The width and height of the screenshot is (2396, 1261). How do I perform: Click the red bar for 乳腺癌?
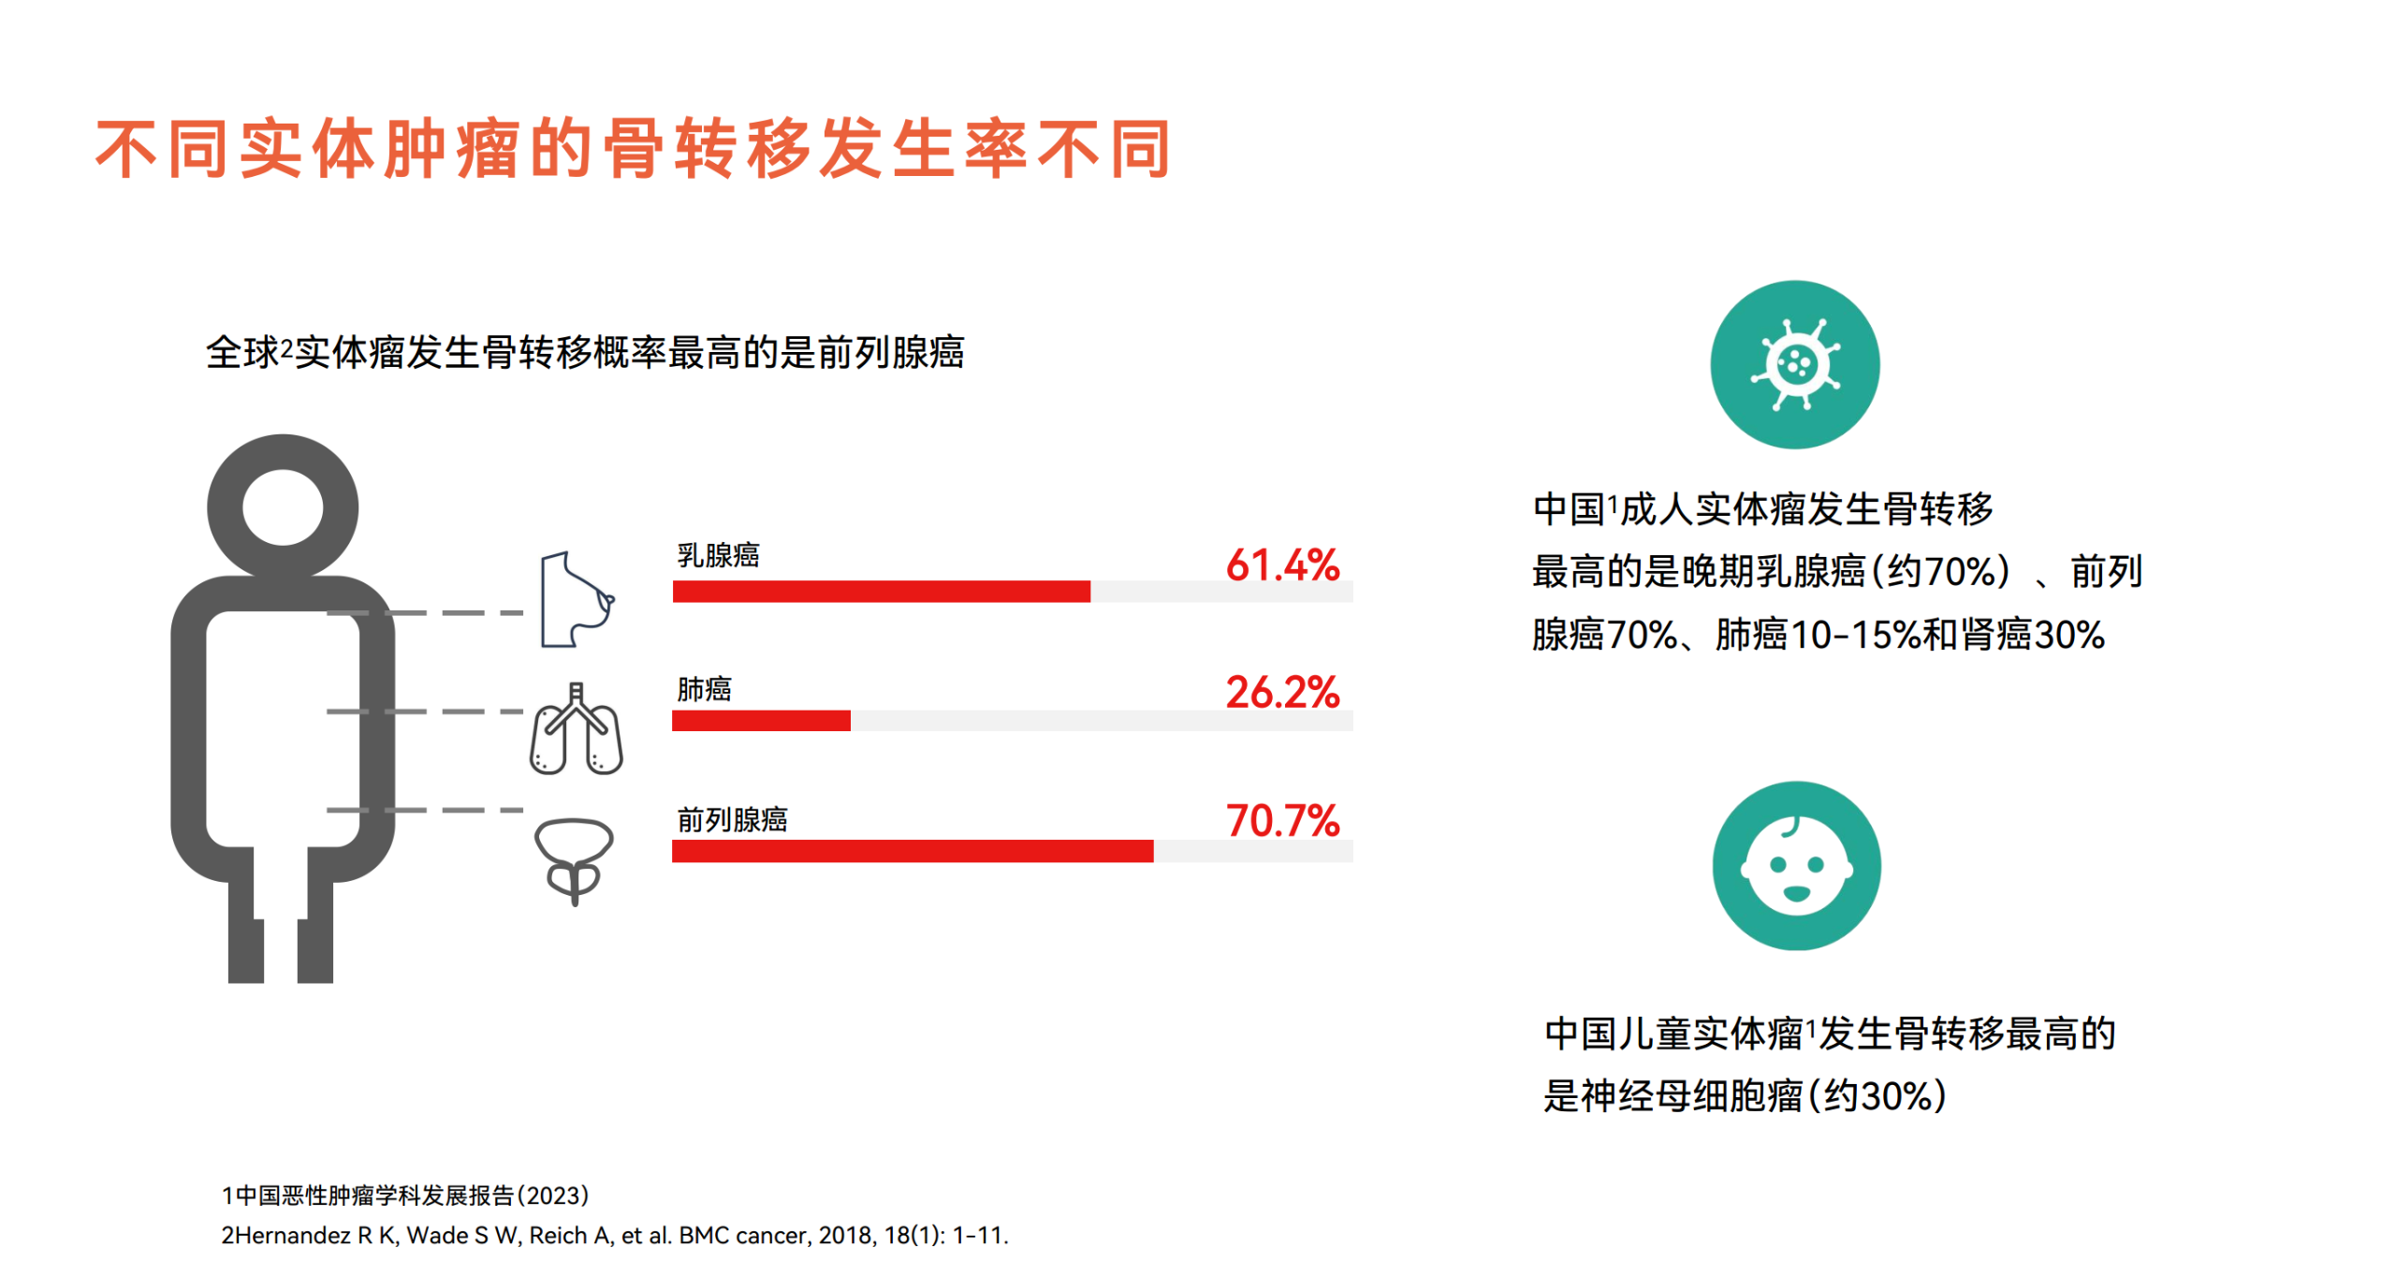pos(881,592)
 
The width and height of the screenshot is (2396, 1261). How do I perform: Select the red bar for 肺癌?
pos(761,720)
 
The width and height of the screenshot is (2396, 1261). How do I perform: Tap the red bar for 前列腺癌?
pos(913,851)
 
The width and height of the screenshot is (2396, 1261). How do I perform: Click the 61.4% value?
pos(1282,565)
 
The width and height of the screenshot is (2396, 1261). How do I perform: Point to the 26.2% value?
pos(1282,692)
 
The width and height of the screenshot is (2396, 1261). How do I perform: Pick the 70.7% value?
pos(1282,820)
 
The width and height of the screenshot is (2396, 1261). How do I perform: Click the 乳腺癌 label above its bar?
pos(718,555)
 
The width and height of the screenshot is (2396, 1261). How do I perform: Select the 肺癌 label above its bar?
pos(704,689)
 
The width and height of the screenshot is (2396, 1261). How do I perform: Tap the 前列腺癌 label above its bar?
pos(732,820)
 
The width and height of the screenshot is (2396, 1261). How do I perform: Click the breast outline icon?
pos(576,599)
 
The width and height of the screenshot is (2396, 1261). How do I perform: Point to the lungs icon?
pos(576,728)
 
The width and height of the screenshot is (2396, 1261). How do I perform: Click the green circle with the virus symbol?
pos(1794,364)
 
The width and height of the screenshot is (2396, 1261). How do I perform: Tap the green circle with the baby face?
pos(1796,866)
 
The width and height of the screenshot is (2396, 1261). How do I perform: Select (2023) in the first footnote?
pos(552,1195)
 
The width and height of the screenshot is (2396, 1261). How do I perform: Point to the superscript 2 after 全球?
pos(286,345)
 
